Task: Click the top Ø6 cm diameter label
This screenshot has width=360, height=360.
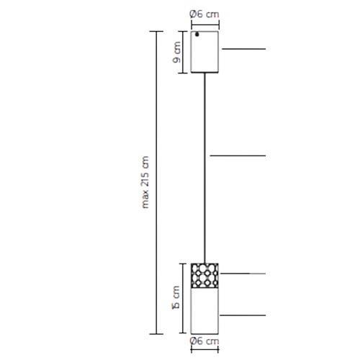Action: [x=204, y=14]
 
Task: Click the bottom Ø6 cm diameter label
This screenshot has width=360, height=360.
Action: [x=204, y=341]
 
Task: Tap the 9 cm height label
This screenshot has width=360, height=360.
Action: [x=176, y=52]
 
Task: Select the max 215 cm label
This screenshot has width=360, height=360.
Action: [x=145, y=182]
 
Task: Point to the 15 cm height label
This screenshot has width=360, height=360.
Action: [x=176, y=297]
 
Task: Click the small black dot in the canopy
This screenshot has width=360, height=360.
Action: [x=197, y=35]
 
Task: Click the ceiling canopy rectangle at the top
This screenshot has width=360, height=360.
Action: [x=204, y=52]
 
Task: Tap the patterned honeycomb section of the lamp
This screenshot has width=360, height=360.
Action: [x=204, y=276]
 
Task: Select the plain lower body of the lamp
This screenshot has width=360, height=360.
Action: [x=204, y=311]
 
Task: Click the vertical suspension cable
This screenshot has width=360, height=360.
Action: [x=204, y=168]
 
